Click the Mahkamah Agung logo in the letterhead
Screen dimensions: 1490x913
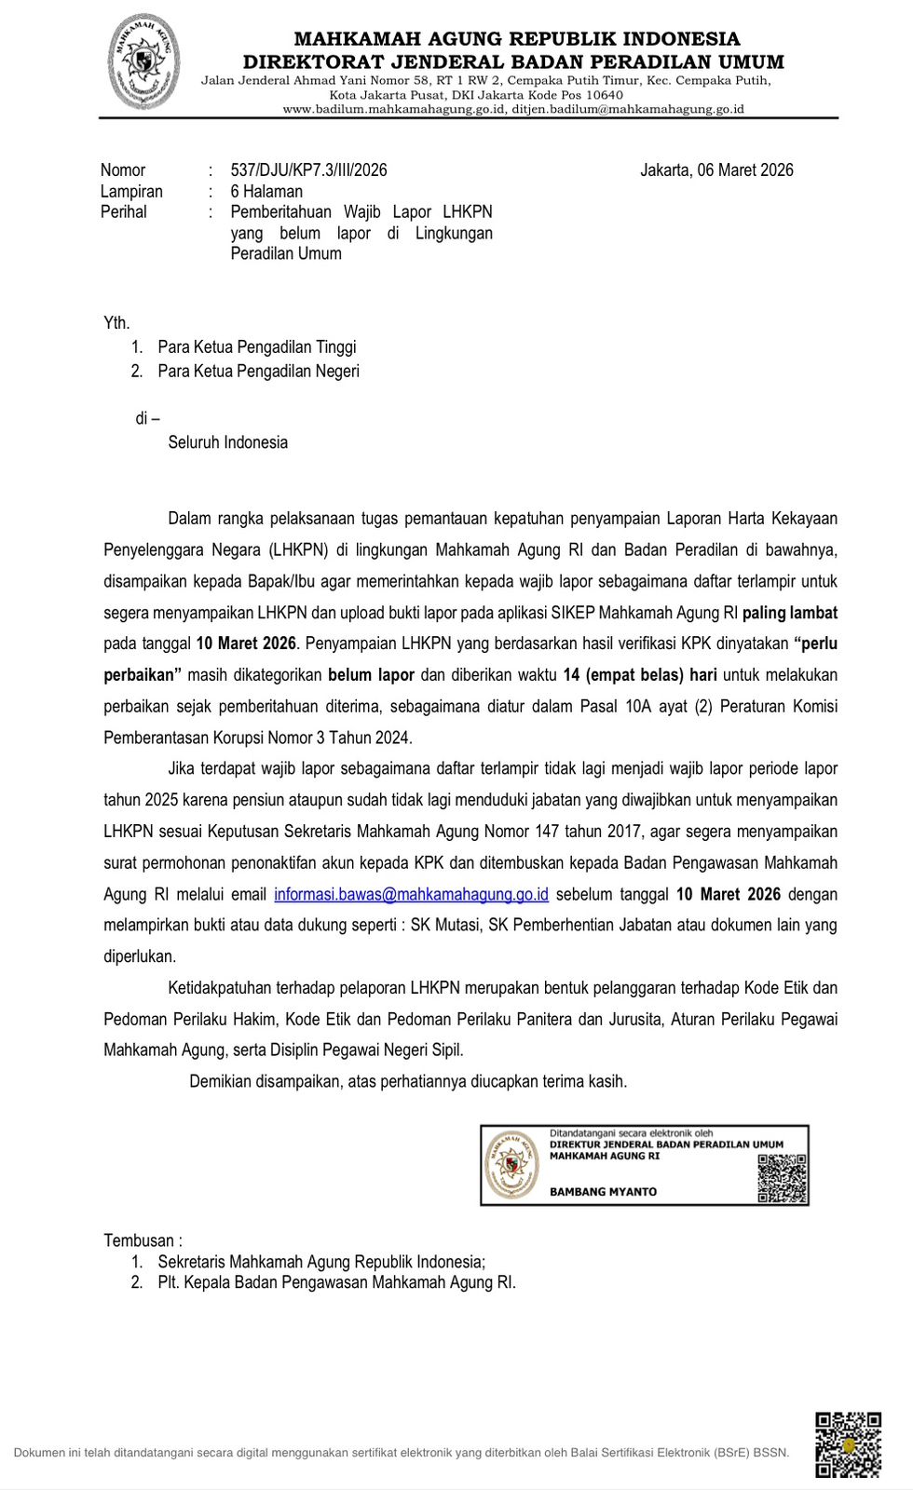point(143,63)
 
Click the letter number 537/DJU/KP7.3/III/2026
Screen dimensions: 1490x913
point(308,170)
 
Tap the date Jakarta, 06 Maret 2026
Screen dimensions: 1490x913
point(716,170)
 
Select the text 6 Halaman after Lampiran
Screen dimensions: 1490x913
point(266,192)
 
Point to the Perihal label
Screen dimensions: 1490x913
point(124,212)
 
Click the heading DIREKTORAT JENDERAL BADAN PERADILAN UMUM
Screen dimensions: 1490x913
point(513,62)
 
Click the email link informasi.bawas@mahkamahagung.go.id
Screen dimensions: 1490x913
point(411,894)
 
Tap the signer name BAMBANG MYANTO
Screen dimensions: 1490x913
point(603,1192)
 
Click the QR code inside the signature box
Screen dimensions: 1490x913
point(782,1178)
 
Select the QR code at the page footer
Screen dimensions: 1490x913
point(848,1445)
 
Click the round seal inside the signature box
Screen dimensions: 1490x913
point(512,1165)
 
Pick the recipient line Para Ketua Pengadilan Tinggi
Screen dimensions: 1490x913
point(256,347)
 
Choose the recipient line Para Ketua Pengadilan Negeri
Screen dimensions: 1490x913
point(258,372)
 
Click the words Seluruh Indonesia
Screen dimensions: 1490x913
point(227,442)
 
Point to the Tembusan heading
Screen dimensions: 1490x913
point(143,1240)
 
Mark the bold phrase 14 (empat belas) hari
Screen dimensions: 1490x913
point(640,675)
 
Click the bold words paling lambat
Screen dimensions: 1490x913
point(789,613)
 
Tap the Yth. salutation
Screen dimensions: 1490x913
point(116,323)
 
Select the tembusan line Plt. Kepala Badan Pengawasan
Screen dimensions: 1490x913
point(336,1282)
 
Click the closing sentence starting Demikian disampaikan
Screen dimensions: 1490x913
point(408,1081)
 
